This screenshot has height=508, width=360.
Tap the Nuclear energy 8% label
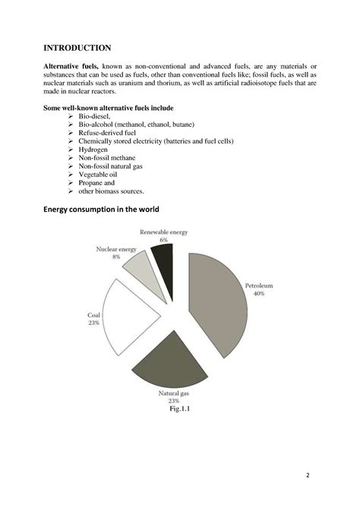tap(115, 253)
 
